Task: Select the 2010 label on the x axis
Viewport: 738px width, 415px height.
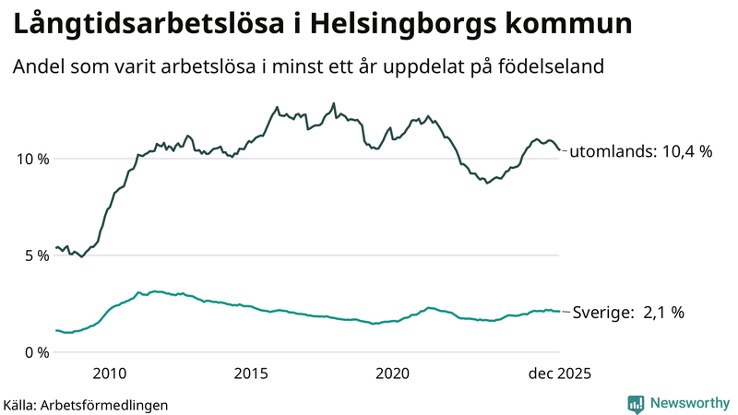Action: pos(109,373)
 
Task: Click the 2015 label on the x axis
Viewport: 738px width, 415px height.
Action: pos(251,373)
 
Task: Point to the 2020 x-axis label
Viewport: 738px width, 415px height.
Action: pos(393,373)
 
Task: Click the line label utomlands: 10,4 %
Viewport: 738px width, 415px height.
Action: pos(639,152)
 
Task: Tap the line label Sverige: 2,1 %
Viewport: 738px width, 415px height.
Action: pos(628,313)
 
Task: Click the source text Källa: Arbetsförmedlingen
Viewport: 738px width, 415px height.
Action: pos(86,404)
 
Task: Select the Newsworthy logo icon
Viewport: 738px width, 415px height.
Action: pos(636,403)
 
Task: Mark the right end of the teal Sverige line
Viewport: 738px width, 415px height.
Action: pos(559,311)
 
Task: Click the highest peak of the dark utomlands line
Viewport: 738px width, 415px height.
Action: pos(333,103)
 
